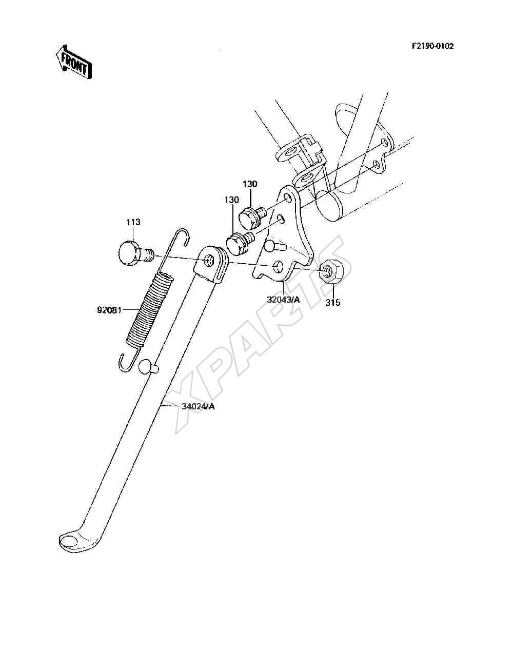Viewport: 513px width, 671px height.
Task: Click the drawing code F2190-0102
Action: click(432, 46)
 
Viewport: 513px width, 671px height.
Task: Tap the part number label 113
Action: click(133, 222)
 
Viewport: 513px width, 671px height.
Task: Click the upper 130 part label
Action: click(250, 184)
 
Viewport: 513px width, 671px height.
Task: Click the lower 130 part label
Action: click(231, 200)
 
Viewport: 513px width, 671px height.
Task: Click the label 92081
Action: click(109, 310)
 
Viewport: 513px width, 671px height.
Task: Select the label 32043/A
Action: click(283, 300)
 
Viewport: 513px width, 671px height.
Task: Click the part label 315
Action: click(332, 302)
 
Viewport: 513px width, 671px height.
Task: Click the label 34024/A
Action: click(198, 407)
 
